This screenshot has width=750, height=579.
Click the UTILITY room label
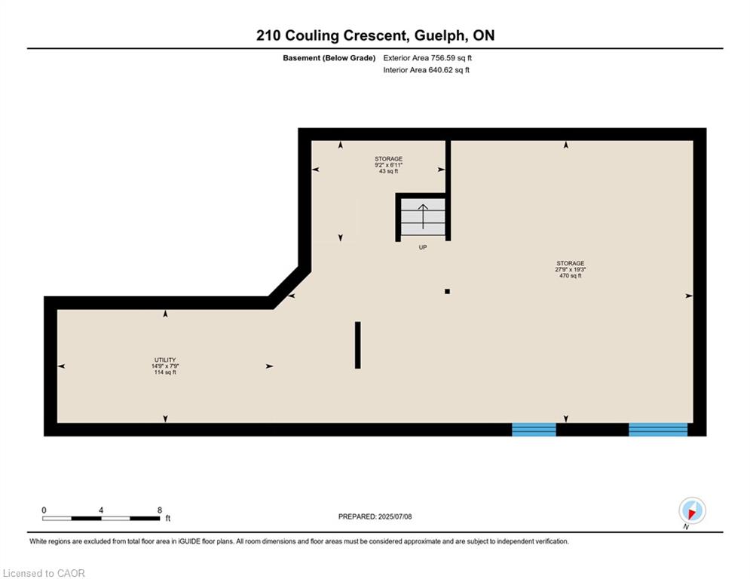[x=165, y=360]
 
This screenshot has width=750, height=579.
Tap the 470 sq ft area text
[x=570, y=276]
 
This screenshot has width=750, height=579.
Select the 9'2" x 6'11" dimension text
[x=388, y=164]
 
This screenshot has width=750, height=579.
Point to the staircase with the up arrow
[x=423, y=217]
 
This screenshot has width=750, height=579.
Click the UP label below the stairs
[x=423, y=247]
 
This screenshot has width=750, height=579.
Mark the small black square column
[x=447, y=292]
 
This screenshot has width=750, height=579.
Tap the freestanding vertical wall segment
[x=358, y=345]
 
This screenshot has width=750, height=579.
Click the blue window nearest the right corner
[x=658, y=430]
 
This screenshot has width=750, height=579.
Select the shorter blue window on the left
[x=534, y=430]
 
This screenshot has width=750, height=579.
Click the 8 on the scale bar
[x=160, y=510]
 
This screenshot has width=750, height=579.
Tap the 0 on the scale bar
[x=44, y=510]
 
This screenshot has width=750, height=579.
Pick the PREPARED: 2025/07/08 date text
[x=375, y=516]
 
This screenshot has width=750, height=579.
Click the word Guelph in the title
[x=439, y=36]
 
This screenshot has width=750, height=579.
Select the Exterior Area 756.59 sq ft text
[x=427, y=58]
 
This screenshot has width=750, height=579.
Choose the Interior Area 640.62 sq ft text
[x=426, y=70]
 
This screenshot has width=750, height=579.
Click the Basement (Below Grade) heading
[x=329, y=58]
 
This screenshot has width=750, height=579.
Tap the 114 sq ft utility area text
[x=165, y=372]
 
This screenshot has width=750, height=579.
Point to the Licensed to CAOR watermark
[x=44, y=573]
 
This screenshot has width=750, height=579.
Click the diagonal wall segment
[x=290, y=288]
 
